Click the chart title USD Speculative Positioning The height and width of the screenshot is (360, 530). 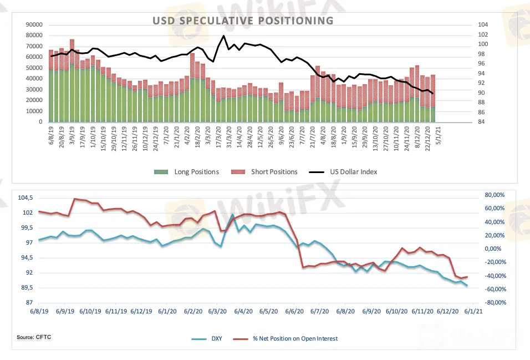pos(243,21)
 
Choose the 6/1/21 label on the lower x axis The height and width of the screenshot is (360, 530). pos(472,312)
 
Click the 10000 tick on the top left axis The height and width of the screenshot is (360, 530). pos(34,111)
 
